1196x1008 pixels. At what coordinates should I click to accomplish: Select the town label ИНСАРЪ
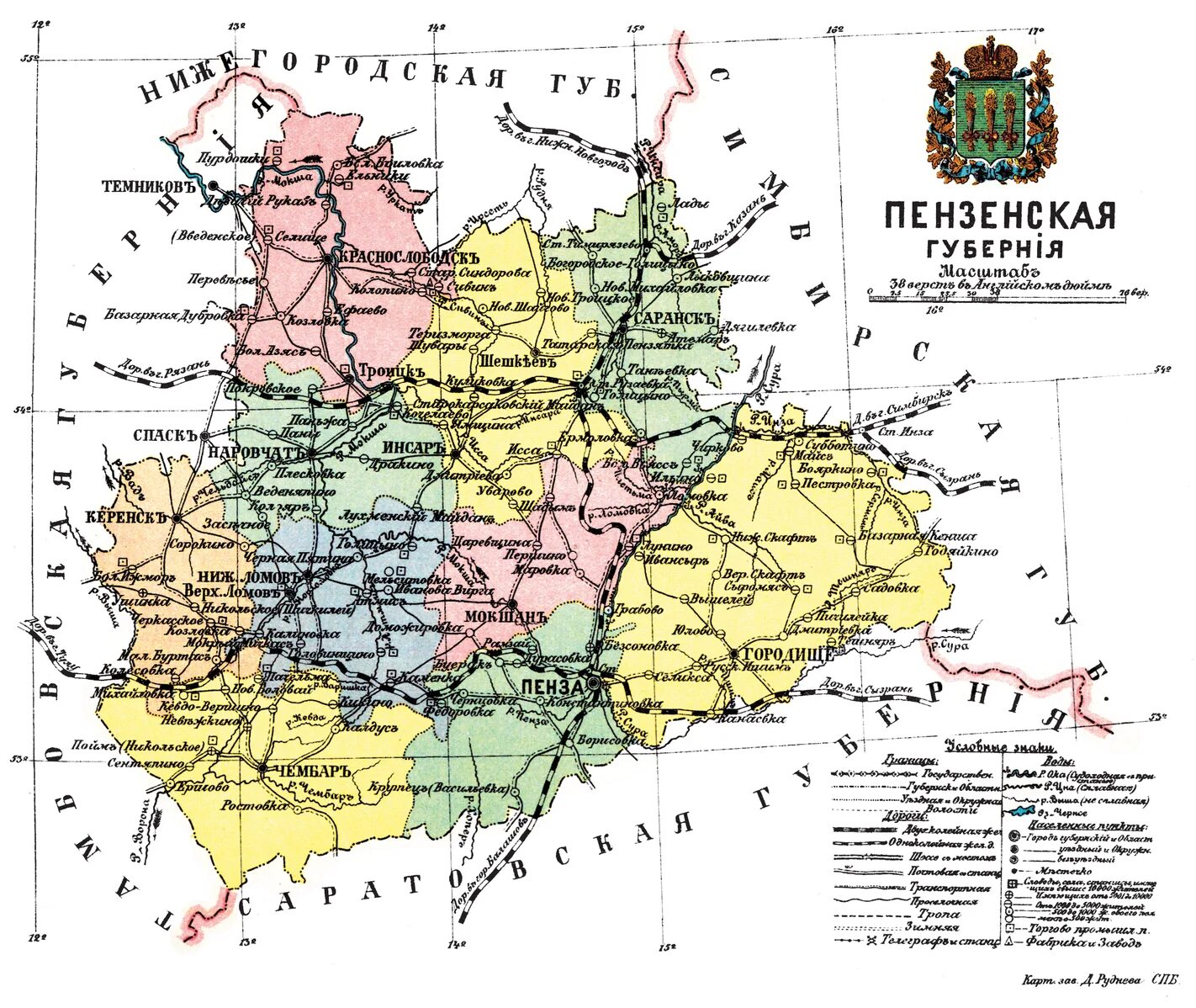pos(412,447)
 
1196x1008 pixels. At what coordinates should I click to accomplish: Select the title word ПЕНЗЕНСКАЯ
pos(999,216)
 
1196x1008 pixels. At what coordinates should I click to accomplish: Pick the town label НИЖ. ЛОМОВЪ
pos(248,578)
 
